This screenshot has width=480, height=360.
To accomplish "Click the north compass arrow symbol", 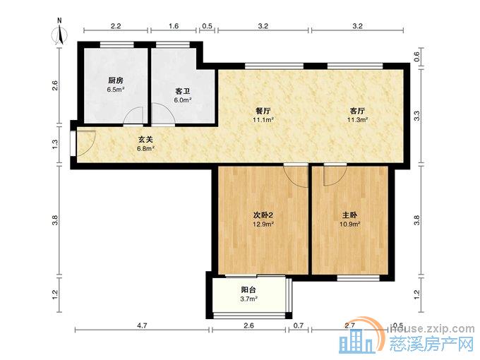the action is pyautogui.click(x=60, y=34).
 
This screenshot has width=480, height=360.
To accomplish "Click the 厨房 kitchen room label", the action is pyautogui.click(x=116, y=80).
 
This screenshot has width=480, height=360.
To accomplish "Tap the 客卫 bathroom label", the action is pyautogui.click(x=183, y=91).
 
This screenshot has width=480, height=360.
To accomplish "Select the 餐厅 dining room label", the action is pyautogui.click(x=263, y=111).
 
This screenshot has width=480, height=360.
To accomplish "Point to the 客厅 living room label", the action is pyautogui.click(x=357, y=111).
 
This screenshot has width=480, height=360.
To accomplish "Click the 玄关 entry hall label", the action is pyautogui.click(x=145, y=140).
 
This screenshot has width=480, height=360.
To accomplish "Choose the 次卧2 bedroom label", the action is pyautogui.click(x=263, y=215).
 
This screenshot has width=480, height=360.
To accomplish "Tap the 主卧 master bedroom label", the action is pyautogui.click(x=349, y=215).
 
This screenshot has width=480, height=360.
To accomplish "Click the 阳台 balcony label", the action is pyautogui.click(x=248, y=289).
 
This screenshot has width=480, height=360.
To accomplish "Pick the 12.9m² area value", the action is pyautogui.click(x=263, y=224).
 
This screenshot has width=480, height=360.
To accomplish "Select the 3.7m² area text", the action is pyautogui.click(x=248, y=299).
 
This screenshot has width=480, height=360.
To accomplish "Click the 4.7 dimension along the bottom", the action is pyautogui.click(x=143, y=325).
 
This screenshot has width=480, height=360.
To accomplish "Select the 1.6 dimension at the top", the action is pyautogui.click(x=174, y=26).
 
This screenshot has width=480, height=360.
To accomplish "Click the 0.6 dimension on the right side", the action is pyautogui.click(x=417, y=56).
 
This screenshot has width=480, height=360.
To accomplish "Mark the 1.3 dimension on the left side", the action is pyautogui.click(x=55, y=143).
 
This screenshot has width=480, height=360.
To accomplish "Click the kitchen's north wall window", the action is pyautogui.click(x=117, y=44).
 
